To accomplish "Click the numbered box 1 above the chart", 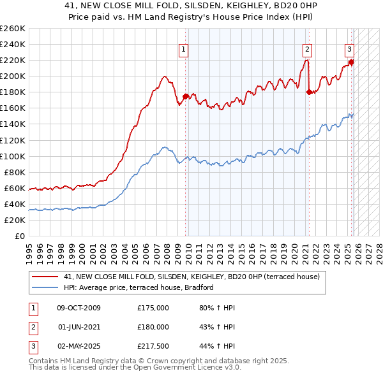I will (184, 49).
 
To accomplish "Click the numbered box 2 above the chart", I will (307, 49).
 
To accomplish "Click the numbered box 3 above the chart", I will (350, 49).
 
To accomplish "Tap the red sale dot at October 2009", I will (186, 96).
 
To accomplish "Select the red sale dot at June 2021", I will (309, 92).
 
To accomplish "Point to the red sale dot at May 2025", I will (351, 62).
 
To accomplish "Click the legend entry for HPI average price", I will (138, 287).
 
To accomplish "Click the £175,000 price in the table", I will (153, 308).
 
